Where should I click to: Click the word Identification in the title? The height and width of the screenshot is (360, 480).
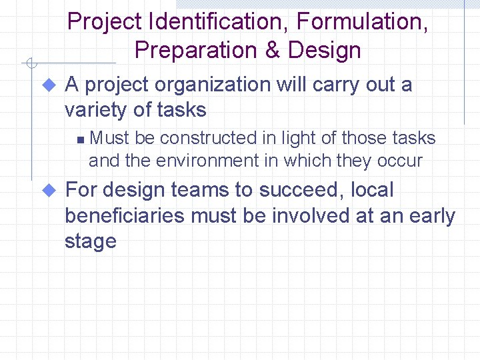click(219, 21)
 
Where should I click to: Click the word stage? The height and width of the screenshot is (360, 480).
click(91, 241)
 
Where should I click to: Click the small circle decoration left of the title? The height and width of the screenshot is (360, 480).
click(29, 64)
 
